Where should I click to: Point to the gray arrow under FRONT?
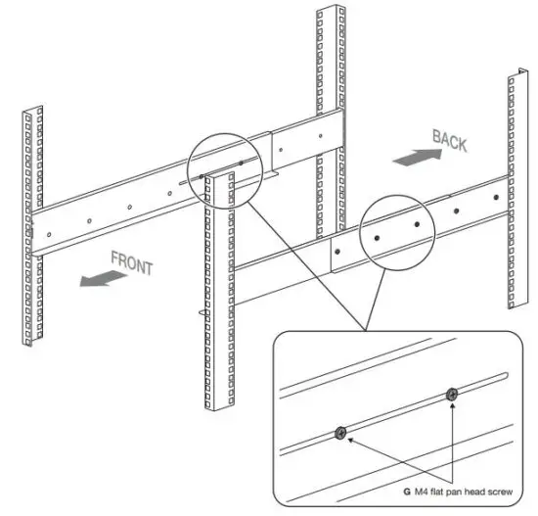click(103, 279)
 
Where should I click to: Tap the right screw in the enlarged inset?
click(452, 395)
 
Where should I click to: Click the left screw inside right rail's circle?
click(378, 236)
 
